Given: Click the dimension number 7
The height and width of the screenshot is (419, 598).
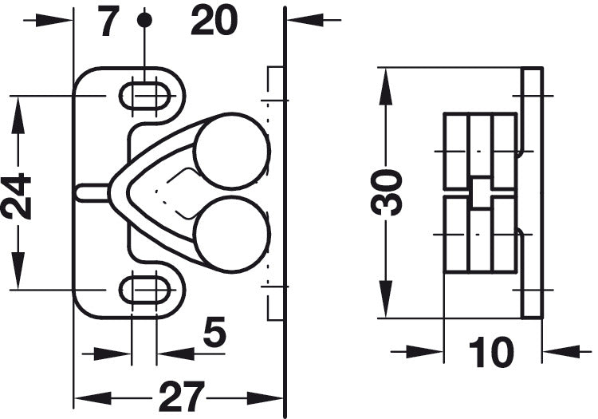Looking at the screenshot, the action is pos(108,21).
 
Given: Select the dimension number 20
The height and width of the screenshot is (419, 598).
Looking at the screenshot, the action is pos(214,21).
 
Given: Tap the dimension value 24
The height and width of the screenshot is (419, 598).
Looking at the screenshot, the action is pos(16,196).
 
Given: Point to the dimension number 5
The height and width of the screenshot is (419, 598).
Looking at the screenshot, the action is pos(214,331).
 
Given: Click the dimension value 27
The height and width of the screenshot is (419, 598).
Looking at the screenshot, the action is pos(182,397).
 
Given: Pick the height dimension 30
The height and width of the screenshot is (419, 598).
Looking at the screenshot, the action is pos(387,192).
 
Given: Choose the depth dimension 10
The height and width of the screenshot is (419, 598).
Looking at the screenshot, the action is pos(491,352).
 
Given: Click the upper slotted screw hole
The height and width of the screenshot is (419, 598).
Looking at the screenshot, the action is pos(144,96).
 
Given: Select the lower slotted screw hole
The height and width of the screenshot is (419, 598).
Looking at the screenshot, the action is pos(144,290).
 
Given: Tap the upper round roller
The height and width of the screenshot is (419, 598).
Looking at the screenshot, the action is pos(231,151).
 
